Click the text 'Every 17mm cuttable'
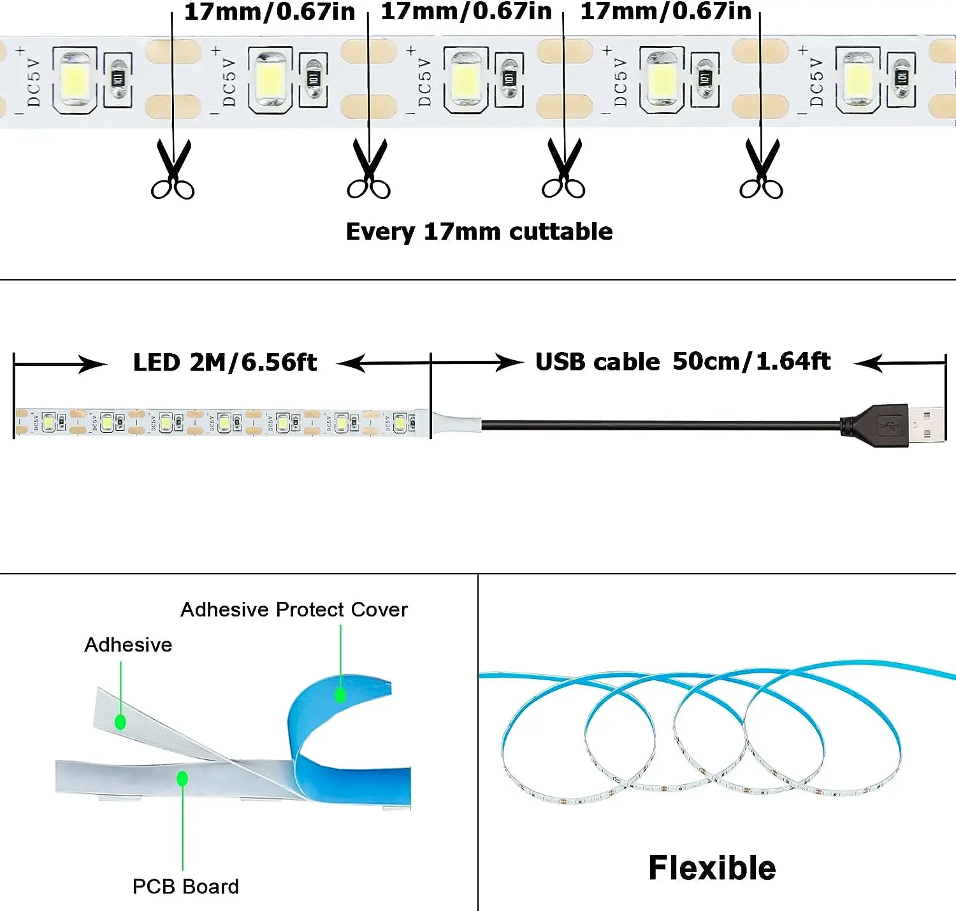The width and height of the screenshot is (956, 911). tap(479, 231)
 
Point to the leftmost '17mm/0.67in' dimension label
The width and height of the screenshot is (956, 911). tap(269, 12)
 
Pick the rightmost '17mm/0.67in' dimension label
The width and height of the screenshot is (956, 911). tap(665, 12)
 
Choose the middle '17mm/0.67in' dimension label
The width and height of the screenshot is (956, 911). tap(466, 12)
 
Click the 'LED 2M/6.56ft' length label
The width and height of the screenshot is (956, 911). tap(224, 362)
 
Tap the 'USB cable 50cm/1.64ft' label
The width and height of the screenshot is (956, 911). tap(683, 361)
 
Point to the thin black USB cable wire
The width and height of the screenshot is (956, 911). tap(656, 425)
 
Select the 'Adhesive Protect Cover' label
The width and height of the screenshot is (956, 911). tap(294, 609)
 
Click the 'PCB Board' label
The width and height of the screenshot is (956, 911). tap(185, 886)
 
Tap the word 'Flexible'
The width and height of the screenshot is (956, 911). tap(712, 868)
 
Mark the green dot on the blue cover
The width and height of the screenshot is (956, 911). tap(340, 695)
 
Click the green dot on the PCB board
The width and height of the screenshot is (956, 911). tap(182, 778)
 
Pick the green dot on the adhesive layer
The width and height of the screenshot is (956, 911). tap(120, 722)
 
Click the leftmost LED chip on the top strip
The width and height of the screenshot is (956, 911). tap(75, 79)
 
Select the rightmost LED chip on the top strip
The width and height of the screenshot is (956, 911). tap(858, 80)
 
